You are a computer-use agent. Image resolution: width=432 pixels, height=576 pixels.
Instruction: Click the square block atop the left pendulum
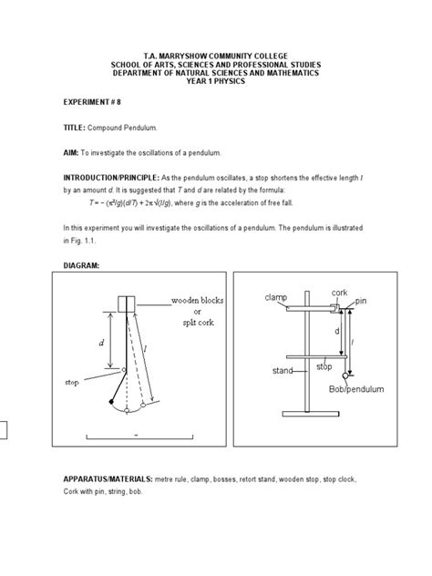pyautogui.click(x=127, y=303)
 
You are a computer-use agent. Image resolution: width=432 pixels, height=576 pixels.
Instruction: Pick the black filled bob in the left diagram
pyautogui.click(x=112, y=402)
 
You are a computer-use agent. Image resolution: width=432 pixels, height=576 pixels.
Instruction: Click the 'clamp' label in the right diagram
pyautogui.click(x=275, y=298)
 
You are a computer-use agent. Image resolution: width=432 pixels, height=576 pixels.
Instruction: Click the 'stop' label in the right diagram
pyautogui.click(x=324, y=366)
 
